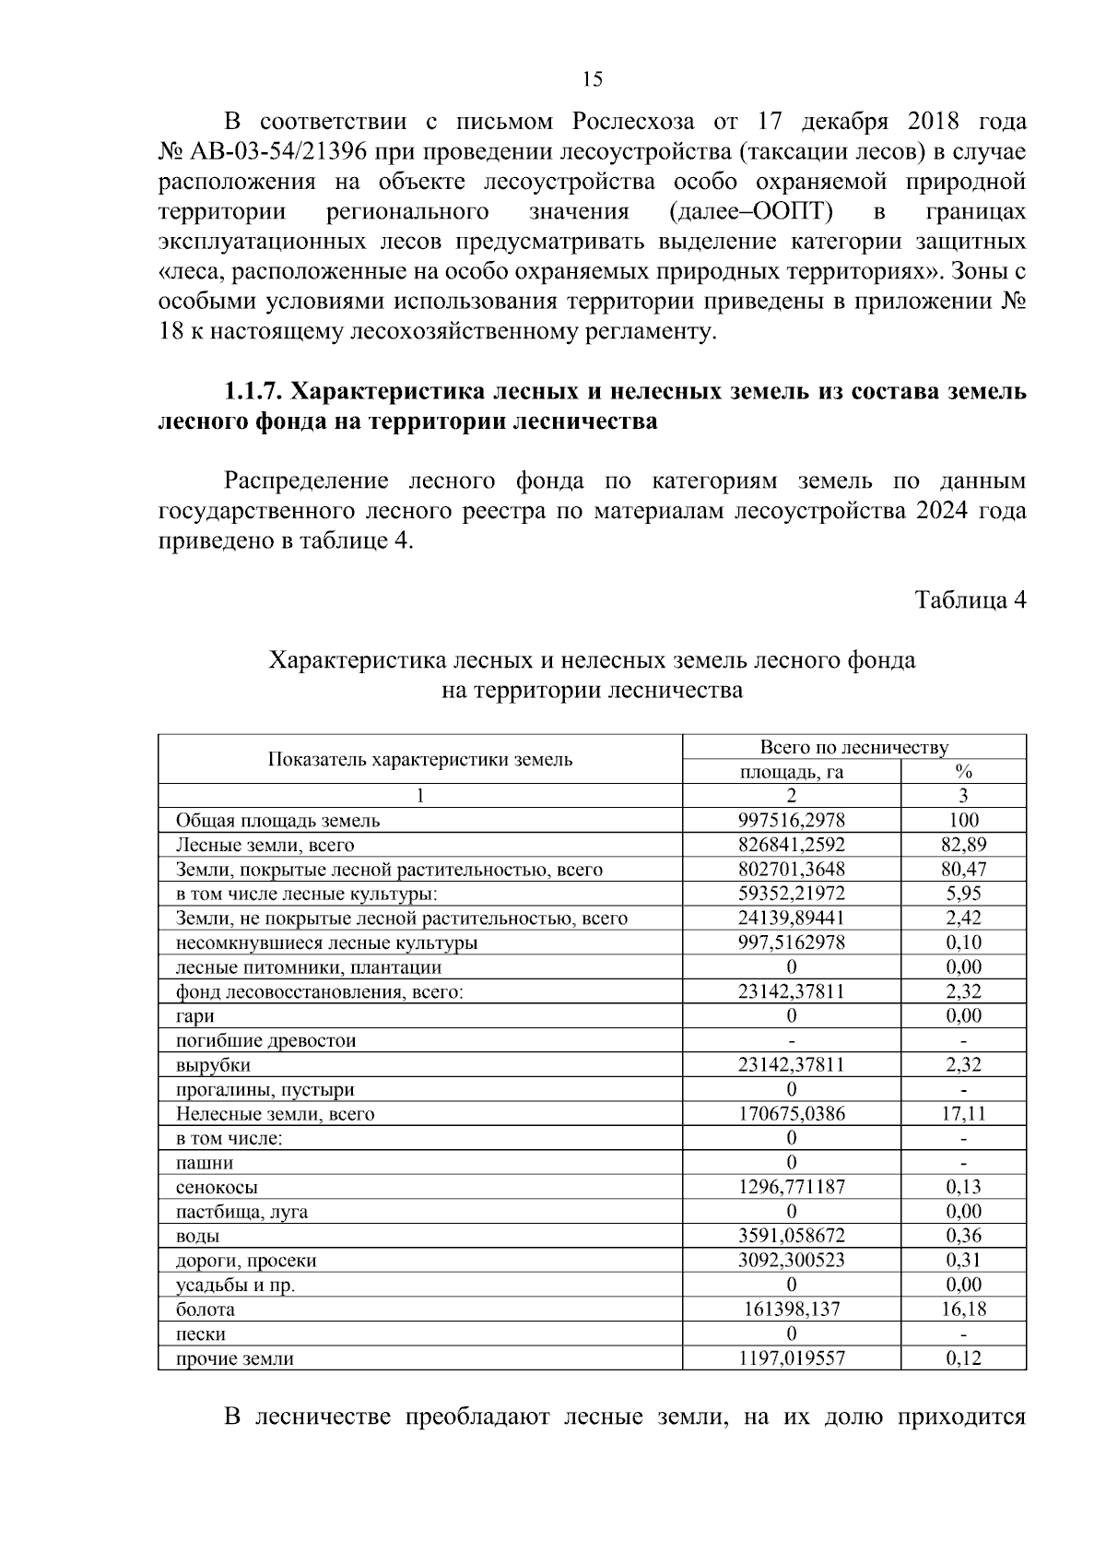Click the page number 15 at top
[592, 79]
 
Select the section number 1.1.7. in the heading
[253, 392]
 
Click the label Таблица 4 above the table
[970, 600]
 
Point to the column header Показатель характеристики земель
[420, 760]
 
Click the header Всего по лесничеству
[853, 748]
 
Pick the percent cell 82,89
[963, 845]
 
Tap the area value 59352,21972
[791, 894]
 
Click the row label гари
[195, 1016]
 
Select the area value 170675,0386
[791, 1114]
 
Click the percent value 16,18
[963, 1310]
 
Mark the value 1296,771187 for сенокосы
[791, 1188]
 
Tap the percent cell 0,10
[963, 943]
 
